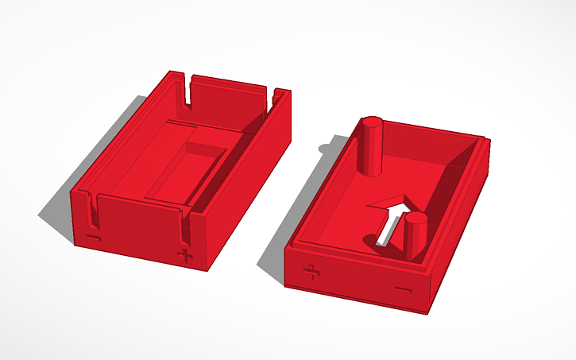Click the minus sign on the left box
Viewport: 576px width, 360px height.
coord(94,236)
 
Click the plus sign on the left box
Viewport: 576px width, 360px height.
coord(186,256)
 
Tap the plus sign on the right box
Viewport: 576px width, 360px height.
coord(311,272)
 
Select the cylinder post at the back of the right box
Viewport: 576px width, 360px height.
coord(371,146)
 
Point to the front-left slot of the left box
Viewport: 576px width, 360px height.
coord(93,208)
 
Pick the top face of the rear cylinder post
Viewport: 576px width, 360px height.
coord(372,122)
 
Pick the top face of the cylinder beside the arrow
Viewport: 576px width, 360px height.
coord(415,219)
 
